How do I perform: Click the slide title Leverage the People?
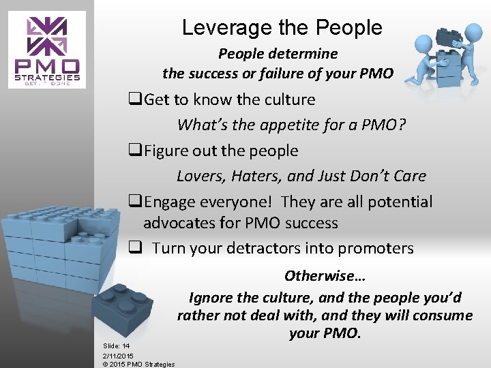point(282,28)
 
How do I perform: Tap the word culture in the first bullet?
point(287,99)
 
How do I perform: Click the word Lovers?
point(198,176)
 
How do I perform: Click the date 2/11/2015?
point(119,355)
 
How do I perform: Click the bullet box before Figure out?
point(134,151)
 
